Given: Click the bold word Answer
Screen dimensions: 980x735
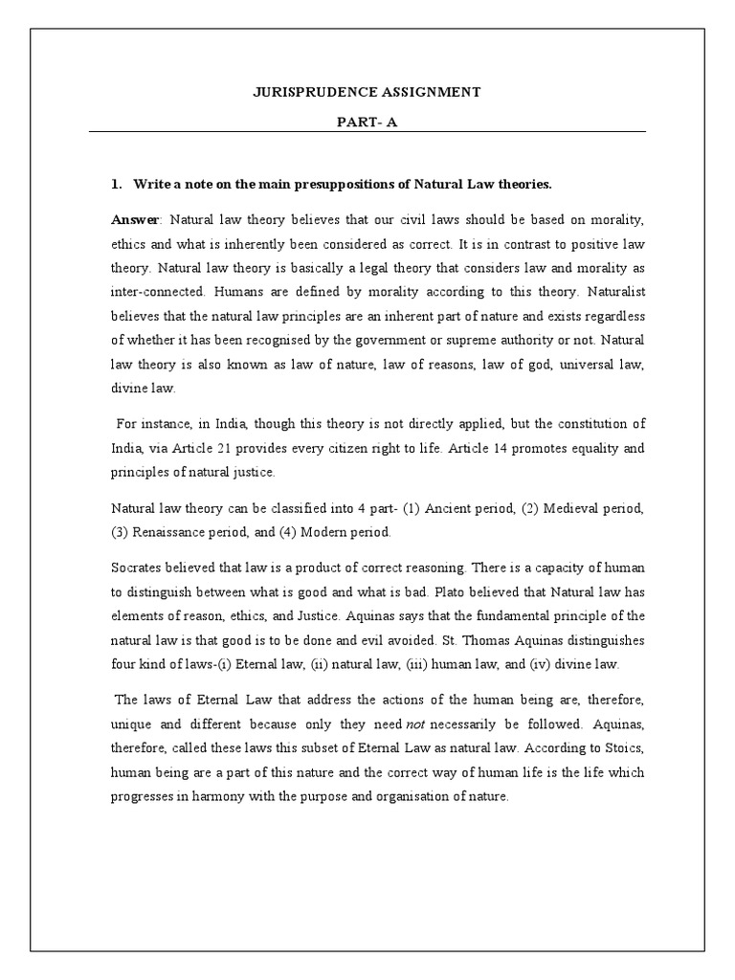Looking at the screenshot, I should pyautogui.click(x=135, y=220).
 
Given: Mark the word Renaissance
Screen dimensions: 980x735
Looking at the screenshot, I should pyautogui.click(x=175, y=531).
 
